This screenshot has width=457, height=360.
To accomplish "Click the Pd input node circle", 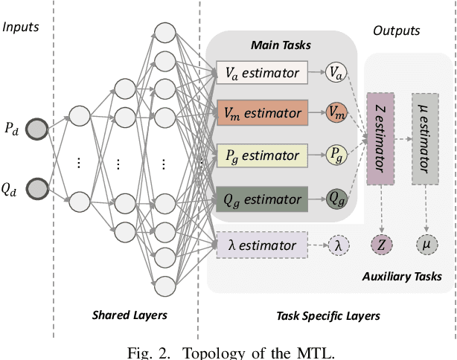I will point(35,129).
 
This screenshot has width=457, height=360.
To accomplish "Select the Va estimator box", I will point(262,72).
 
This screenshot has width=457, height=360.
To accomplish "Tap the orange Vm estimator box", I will point(262,113).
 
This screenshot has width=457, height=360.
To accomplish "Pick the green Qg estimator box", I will point(262,199).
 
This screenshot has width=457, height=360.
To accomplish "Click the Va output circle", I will point(336,72).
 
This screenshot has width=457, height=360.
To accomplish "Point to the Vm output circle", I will point(336,113).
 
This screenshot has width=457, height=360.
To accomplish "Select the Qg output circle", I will point(336,199).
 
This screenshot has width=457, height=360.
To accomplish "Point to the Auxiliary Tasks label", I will point(402,277).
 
